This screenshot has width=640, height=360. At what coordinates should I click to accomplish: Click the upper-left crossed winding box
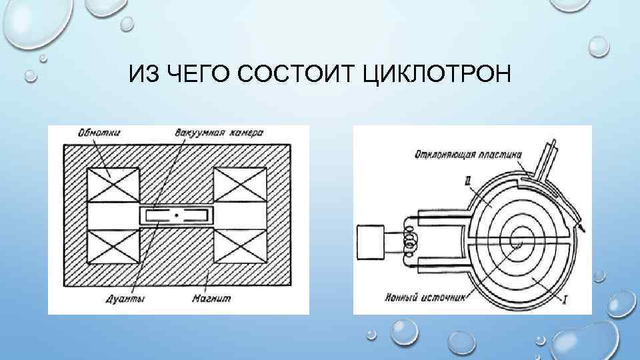coord(112,183)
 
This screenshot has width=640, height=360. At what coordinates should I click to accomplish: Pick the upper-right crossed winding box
coord(239,183)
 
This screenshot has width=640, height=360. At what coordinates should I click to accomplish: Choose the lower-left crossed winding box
coord(112,247)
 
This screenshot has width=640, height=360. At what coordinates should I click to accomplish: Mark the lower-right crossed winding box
coord(239,247)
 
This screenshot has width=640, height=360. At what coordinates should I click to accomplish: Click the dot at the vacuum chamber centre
coord(176,215)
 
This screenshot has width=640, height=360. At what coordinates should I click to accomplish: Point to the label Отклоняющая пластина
coord(463,155)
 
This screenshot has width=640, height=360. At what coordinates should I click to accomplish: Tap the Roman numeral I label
coord(565,301)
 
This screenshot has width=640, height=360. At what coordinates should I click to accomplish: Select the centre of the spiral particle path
coord(515,243)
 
